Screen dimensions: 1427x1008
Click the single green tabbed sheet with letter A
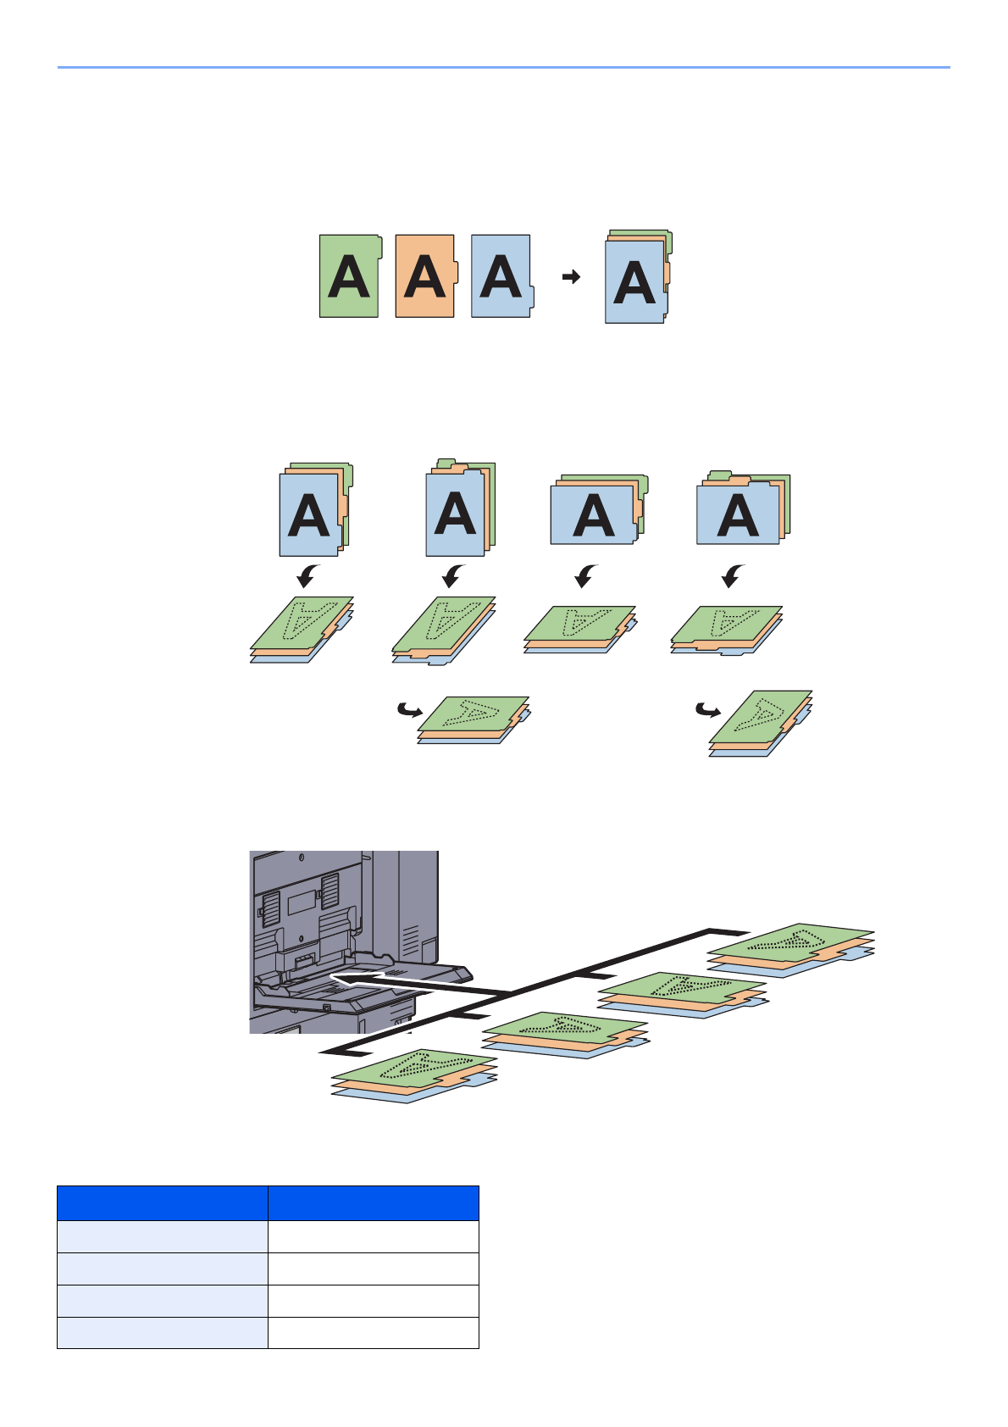coord(348,276)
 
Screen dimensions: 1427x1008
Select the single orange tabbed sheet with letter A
coord(425,276)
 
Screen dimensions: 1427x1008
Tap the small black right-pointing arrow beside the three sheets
coord(572,276)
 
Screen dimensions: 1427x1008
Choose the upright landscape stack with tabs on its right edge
coord(597,510)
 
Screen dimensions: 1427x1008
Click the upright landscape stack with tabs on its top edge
coord(740,510)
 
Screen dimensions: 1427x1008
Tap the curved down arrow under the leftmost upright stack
coord(307,576)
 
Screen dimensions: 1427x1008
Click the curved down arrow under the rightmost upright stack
coord(733,576)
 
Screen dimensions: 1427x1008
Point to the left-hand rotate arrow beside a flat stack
coord(409,709)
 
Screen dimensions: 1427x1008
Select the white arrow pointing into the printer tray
coord(415,983)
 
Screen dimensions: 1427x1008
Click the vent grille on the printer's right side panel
coord(410,941)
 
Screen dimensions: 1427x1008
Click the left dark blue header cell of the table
coord(163,1203)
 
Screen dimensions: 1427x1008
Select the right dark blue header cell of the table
coord(373,1203)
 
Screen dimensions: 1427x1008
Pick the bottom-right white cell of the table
coord(373,1332)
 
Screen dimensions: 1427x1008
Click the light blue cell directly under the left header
coord(163,1236)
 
